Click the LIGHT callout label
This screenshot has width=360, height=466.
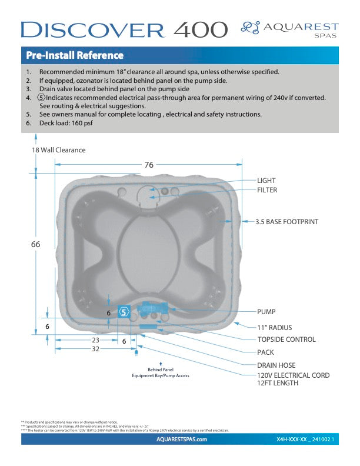coord(266,181)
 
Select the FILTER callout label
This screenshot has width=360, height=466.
coord(267,190)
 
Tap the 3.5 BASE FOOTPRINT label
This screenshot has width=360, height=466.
coord(286,222)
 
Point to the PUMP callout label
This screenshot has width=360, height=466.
coord(266,311)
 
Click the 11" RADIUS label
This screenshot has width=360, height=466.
coord(274,327)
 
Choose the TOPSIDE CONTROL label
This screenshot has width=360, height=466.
coord(286,339)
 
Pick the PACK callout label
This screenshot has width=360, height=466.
coord(266,352)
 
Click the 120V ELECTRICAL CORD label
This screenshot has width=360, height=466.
coord(293,375)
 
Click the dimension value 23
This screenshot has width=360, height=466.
coord(95,341)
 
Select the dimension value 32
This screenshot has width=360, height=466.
coord(95,348)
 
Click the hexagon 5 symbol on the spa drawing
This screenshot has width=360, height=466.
coord(124,312)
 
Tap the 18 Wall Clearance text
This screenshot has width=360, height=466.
coord(58,150)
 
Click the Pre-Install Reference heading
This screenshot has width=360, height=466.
coord(75,56)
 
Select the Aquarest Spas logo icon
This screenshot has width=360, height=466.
coord(251,27)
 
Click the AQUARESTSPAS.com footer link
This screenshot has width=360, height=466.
coord(182,440)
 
